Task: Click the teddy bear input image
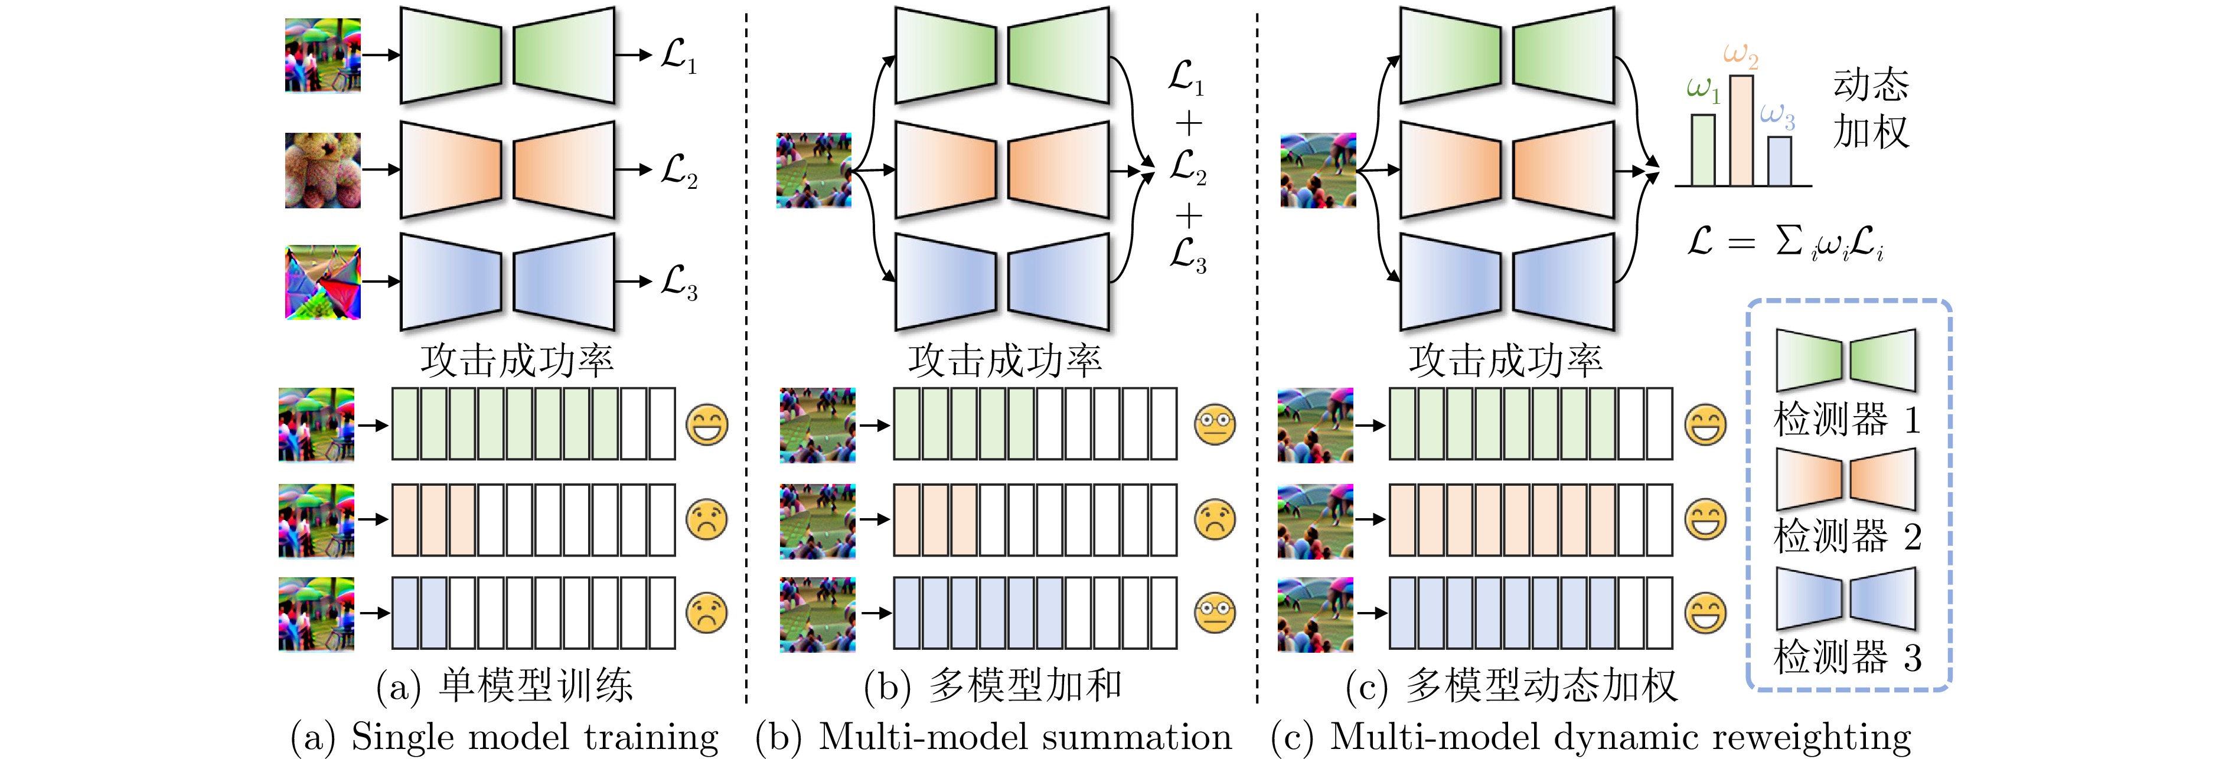(322, 170)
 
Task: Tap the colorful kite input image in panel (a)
(322, 282)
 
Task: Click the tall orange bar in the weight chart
(1741, 130)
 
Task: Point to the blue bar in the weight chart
(1779, 161)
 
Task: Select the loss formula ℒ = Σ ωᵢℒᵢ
(1785, 243)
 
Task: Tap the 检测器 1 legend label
(1846, 420)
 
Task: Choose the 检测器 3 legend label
(1846, 657)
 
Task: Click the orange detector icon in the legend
(1846, 479)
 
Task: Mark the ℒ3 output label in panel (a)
(678, 283)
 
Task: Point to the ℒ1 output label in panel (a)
(678, 55)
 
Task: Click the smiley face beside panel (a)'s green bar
(707, 424)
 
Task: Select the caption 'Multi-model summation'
(1024, 737)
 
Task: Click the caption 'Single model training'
(534, 737)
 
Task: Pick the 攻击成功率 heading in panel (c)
(1505, 359)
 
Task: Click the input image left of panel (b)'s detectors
(814, 170)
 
